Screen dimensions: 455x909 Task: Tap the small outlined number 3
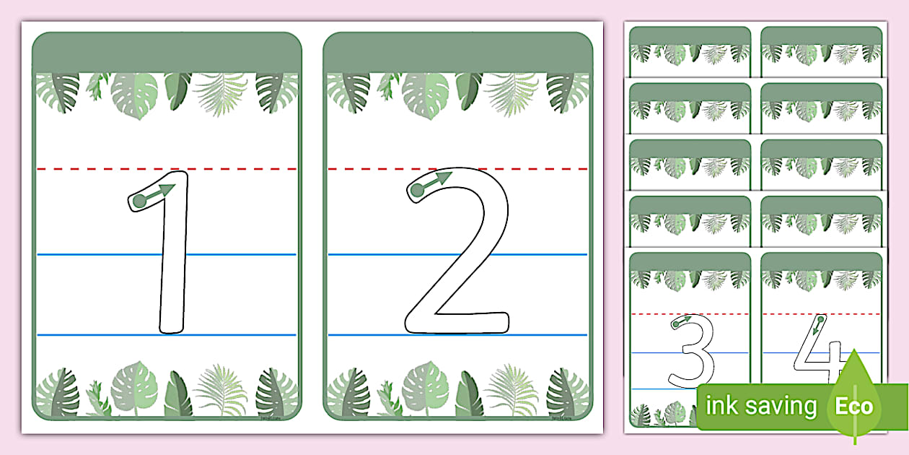(x=693, y=350)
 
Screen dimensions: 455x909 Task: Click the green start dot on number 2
(x=416, y=191)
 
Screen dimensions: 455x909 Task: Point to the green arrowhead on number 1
(x=167, y=190)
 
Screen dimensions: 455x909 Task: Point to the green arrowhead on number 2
(x=444, y=176)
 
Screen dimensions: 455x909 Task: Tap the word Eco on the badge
(x=853, y=406)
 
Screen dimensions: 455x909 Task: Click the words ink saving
(x=761, y=406)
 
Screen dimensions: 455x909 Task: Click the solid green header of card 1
(x=167, y=53)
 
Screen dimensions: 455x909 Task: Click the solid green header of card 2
(x=458, y=53)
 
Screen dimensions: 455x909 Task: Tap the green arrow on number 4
(x=817, y=326)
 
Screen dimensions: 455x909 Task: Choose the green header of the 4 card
(x=821, y=261)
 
